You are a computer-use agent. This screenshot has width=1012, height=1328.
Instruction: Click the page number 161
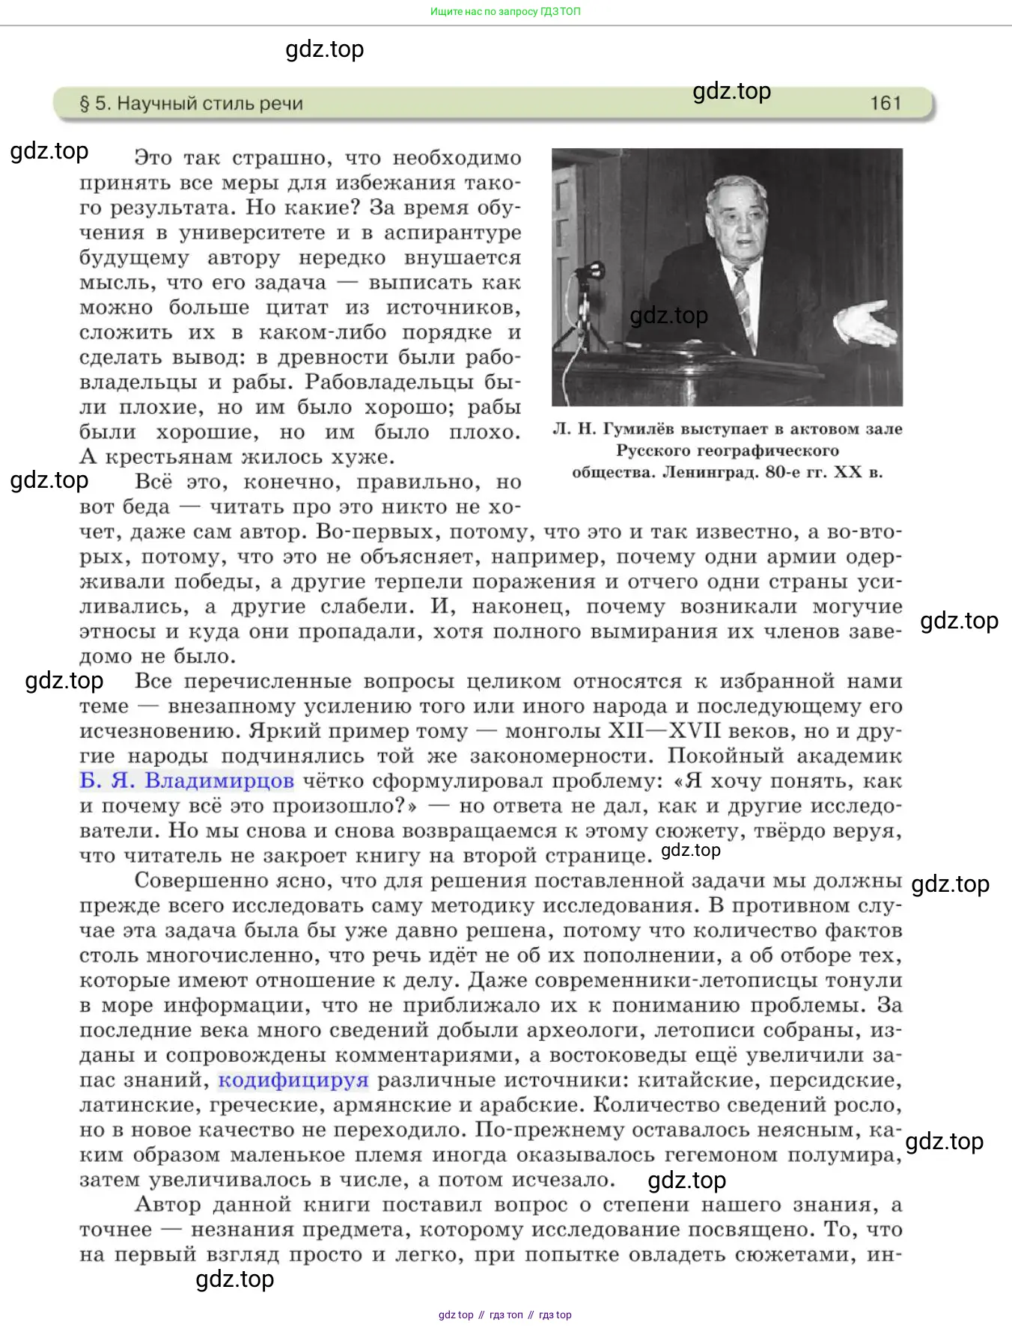[x=885, y=103]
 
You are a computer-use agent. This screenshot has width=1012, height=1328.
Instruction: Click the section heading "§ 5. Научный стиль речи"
[x=191, y=103]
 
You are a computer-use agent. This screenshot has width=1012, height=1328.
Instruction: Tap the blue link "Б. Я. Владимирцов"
[x=186, y=781]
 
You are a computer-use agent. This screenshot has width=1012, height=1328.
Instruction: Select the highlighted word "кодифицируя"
[x=293, y=1080]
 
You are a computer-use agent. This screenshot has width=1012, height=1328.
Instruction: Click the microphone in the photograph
[x=594, y=269]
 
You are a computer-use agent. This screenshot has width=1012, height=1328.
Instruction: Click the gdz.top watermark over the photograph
[x=668, y=316]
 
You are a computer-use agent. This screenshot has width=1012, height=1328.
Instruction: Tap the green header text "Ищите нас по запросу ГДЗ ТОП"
[x=505, y=11]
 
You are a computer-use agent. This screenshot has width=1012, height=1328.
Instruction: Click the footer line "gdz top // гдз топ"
[x=505, y=1315]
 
